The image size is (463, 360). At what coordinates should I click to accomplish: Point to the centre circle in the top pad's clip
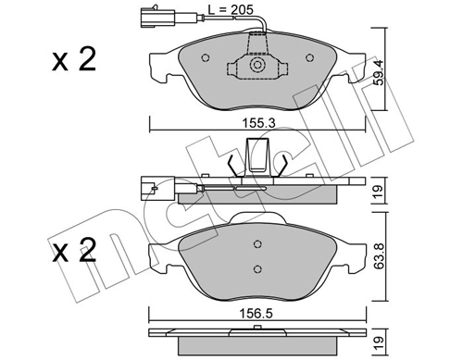257,66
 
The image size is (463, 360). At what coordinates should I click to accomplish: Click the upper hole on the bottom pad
257,245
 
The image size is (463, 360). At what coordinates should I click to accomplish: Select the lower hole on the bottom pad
257,268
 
